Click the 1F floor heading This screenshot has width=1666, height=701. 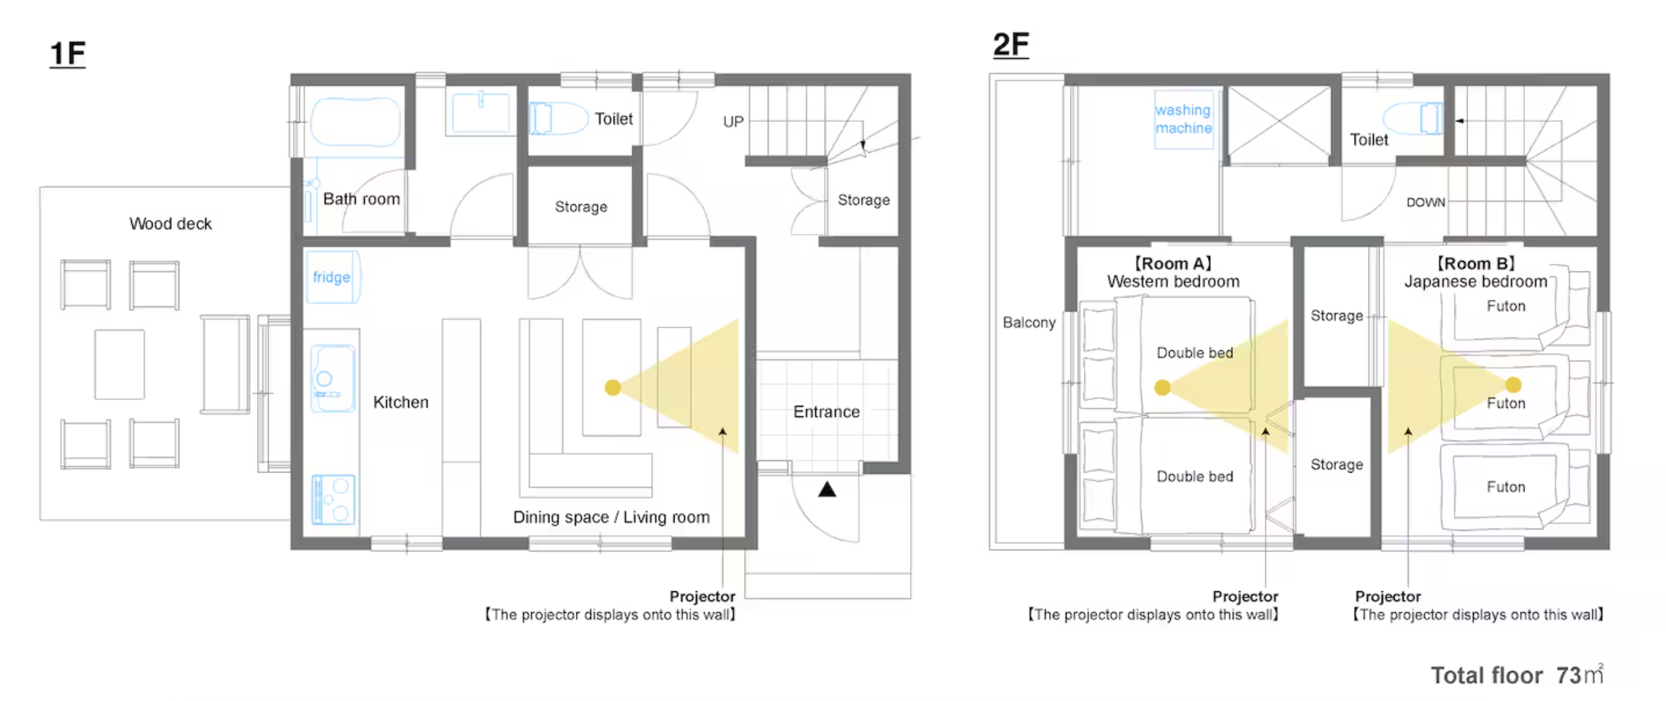point(67,54)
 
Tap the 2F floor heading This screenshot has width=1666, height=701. point(1010,44)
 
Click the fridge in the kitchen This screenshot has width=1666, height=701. point(332,277)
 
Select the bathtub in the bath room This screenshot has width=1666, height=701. point(355,121)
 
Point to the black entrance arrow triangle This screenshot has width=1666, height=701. point(826,489)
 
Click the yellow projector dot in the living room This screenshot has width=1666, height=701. point(612,388)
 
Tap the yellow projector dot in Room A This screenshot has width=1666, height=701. point(1162,388)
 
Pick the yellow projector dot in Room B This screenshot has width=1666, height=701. point(1513,385)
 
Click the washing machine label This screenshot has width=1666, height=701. point(1183,119)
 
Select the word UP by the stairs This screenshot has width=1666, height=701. point(733,121)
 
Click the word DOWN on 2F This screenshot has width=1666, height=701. point(1425,202)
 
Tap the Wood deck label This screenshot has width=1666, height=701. point(170,224)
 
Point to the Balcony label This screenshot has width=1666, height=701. point(1029,322)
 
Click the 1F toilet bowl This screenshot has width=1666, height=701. point(557,118)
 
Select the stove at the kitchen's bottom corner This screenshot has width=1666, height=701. point(333,499)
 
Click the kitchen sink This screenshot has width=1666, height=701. point(333,379)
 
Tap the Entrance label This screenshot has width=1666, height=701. point(826,412)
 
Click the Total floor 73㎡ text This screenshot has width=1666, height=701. point(1517,674)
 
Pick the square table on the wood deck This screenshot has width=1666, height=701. point(119,364)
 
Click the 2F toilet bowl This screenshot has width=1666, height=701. point(1413,118)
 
